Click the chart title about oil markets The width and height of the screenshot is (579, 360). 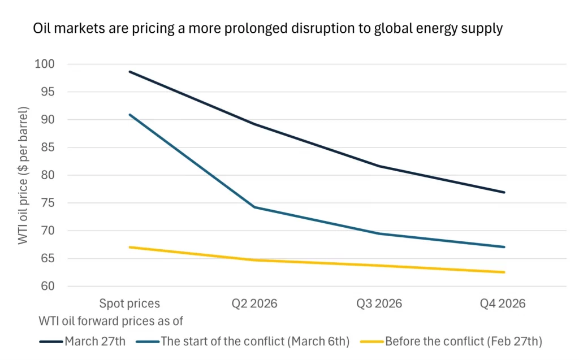pyautogui.click(x=268, y=29)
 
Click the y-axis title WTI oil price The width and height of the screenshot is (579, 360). pyautogui.click(x=23, y=175)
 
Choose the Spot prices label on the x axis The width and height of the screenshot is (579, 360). pyautogui.click(x=129, y=303)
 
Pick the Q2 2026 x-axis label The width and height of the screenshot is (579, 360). pyautogui.click(x=254, y=303)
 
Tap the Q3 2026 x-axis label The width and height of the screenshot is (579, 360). pyautogui.click(x=379, y=303)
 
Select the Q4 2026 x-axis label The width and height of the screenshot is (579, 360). pyautogui.click(x=503, y=303)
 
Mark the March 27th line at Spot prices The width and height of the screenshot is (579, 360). pyautogui.click(x=130, y=72)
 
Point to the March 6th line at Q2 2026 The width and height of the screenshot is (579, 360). pyautogui.click(x=254, y=207)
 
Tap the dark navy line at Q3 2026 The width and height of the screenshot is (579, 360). pyautogui.click(x=379, y=166)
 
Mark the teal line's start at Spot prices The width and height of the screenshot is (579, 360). pyautogui.click(x=130, y=115)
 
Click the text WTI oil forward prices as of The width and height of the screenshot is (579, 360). pyautogui.click(x=111, y=321)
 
